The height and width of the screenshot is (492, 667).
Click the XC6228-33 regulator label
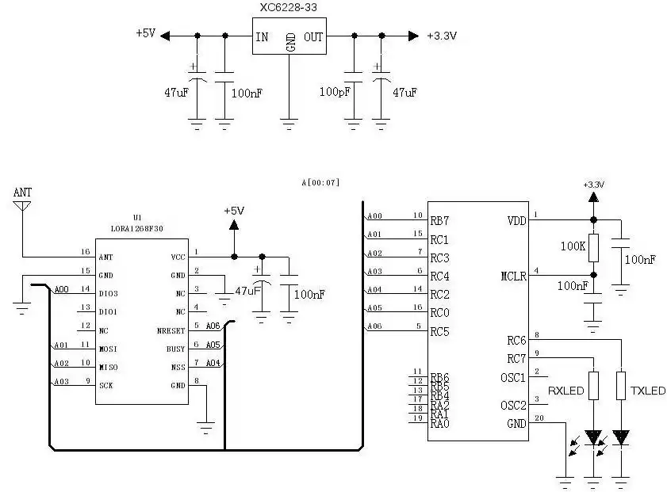(289, 8)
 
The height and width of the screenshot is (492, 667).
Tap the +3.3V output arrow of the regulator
(412, 36)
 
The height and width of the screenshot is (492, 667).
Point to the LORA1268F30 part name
(139, 228)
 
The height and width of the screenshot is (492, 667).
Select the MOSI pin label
(108, 348)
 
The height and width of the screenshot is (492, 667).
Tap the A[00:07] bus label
(320, 183)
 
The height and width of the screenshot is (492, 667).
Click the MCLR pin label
(513, 277)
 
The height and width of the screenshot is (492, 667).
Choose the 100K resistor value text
(573, 247)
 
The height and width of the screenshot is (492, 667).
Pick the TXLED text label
(648, 391)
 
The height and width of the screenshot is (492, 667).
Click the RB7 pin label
(439, 220)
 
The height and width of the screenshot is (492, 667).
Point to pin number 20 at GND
(540, 418)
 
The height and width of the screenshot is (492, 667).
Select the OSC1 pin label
(513, 377)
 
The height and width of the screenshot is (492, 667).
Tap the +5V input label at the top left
(146, 34)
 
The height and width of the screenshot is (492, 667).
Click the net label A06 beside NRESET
(213, 326)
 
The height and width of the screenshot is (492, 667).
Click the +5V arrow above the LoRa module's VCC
(234, 225)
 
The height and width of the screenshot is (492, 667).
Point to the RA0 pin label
(439, 424)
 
